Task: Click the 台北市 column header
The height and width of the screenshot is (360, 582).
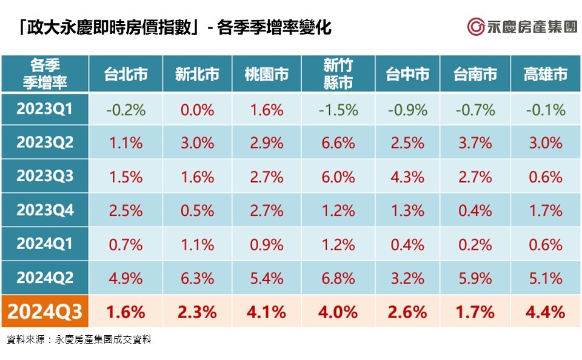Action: coord(125,74)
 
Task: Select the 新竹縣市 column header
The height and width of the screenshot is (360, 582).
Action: coord(338,74)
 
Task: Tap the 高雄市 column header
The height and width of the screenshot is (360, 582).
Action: coord(545,74)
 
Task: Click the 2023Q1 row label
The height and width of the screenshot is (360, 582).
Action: coord(45,109)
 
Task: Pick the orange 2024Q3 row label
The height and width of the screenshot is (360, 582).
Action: coord(45,312)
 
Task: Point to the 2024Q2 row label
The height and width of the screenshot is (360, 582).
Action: coord(45,278)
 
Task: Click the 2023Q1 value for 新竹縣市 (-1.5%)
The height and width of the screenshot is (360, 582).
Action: coord(338,110)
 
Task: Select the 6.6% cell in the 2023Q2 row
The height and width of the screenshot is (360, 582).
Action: coord(338,143)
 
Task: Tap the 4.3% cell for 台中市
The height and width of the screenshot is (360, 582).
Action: coord(407,177)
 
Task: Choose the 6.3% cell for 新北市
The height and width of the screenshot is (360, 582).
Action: coord(196,278)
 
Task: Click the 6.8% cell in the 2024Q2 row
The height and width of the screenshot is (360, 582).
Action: coord(338,278)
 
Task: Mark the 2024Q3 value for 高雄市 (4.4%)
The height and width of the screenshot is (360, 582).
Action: coord(545,312)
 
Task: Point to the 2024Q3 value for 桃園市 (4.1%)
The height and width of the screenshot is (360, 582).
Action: coord(267,312)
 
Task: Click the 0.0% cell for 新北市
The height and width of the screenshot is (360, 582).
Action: coord(196,110)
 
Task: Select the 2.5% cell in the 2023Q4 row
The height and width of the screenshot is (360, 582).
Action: coord(125,210)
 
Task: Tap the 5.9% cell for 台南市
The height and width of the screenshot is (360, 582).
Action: coord(475,278)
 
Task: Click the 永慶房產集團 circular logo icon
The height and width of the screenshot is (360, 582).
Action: coord(476,27)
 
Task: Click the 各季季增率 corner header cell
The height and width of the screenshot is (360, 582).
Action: coord(45,74)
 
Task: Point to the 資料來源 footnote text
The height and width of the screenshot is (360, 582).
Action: coord(79,340)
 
